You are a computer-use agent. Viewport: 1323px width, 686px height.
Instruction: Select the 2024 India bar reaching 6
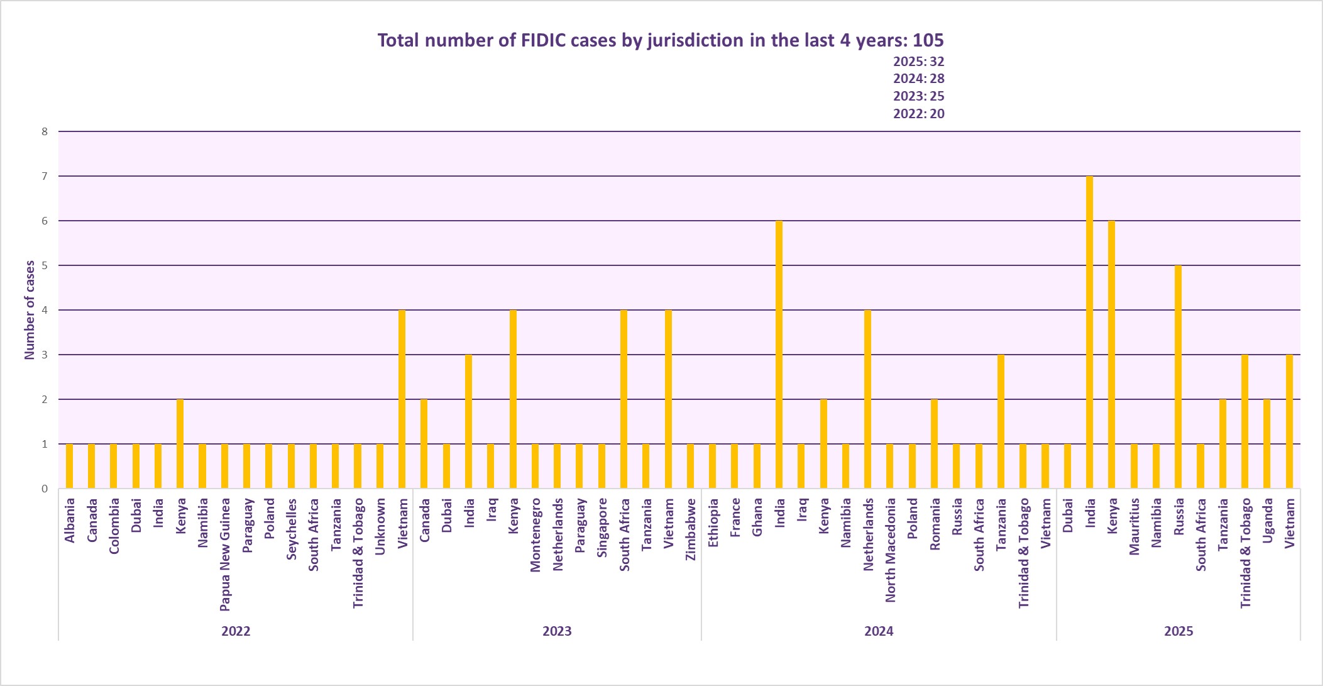(x=779, y=355)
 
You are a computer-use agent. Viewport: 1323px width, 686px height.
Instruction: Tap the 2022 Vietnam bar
(x=402, y=399)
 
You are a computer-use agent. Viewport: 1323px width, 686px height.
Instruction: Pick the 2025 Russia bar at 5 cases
(x=1178, y=377)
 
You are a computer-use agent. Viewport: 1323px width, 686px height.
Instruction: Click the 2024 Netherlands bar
(x=867, y=399)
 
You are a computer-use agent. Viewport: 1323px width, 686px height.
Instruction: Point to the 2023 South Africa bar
(x=623, y=399)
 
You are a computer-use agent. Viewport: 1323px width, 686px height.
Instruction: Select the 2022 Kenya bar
(x=180, y=444)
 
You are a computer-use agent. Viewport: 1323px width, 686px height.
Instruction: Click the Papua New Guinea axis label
(x=225, y=554)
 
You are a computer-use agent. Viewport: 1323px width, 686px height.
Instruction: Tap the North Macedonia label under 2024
(x=890, y=550)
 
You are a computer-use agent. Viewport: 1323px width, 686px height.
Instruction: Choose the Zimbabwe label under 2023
(x=691, y=529)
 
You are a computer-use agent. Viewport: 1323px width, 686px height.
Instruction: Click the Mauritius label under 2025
(x=1134, y=526)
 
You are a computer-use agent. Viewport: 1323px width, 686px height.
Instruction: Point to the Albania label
(x=70, y=520)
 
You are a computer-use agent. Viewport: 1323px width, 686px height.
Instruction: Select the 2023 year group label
(x=557, y=631)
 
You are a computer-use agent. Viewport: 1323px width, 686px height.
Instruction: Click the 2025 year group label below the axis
(x=1178, y=631)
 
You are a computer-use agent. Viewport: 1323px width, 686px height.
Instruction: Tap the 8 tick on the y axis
(x=45, y=131)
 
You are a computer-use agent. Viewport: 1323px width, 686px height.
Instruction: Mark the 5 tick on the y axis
(x=45, y=265)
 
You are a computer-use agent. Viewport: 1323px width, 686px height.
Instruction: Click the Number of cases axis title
(x=30, y=310)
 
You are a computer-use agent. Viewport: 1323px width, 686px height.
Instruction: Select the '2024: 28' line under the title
(x=918, y=79)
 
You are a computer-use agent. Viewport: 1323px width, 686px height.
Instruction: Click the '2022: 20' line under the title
(x=918, y=114)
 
